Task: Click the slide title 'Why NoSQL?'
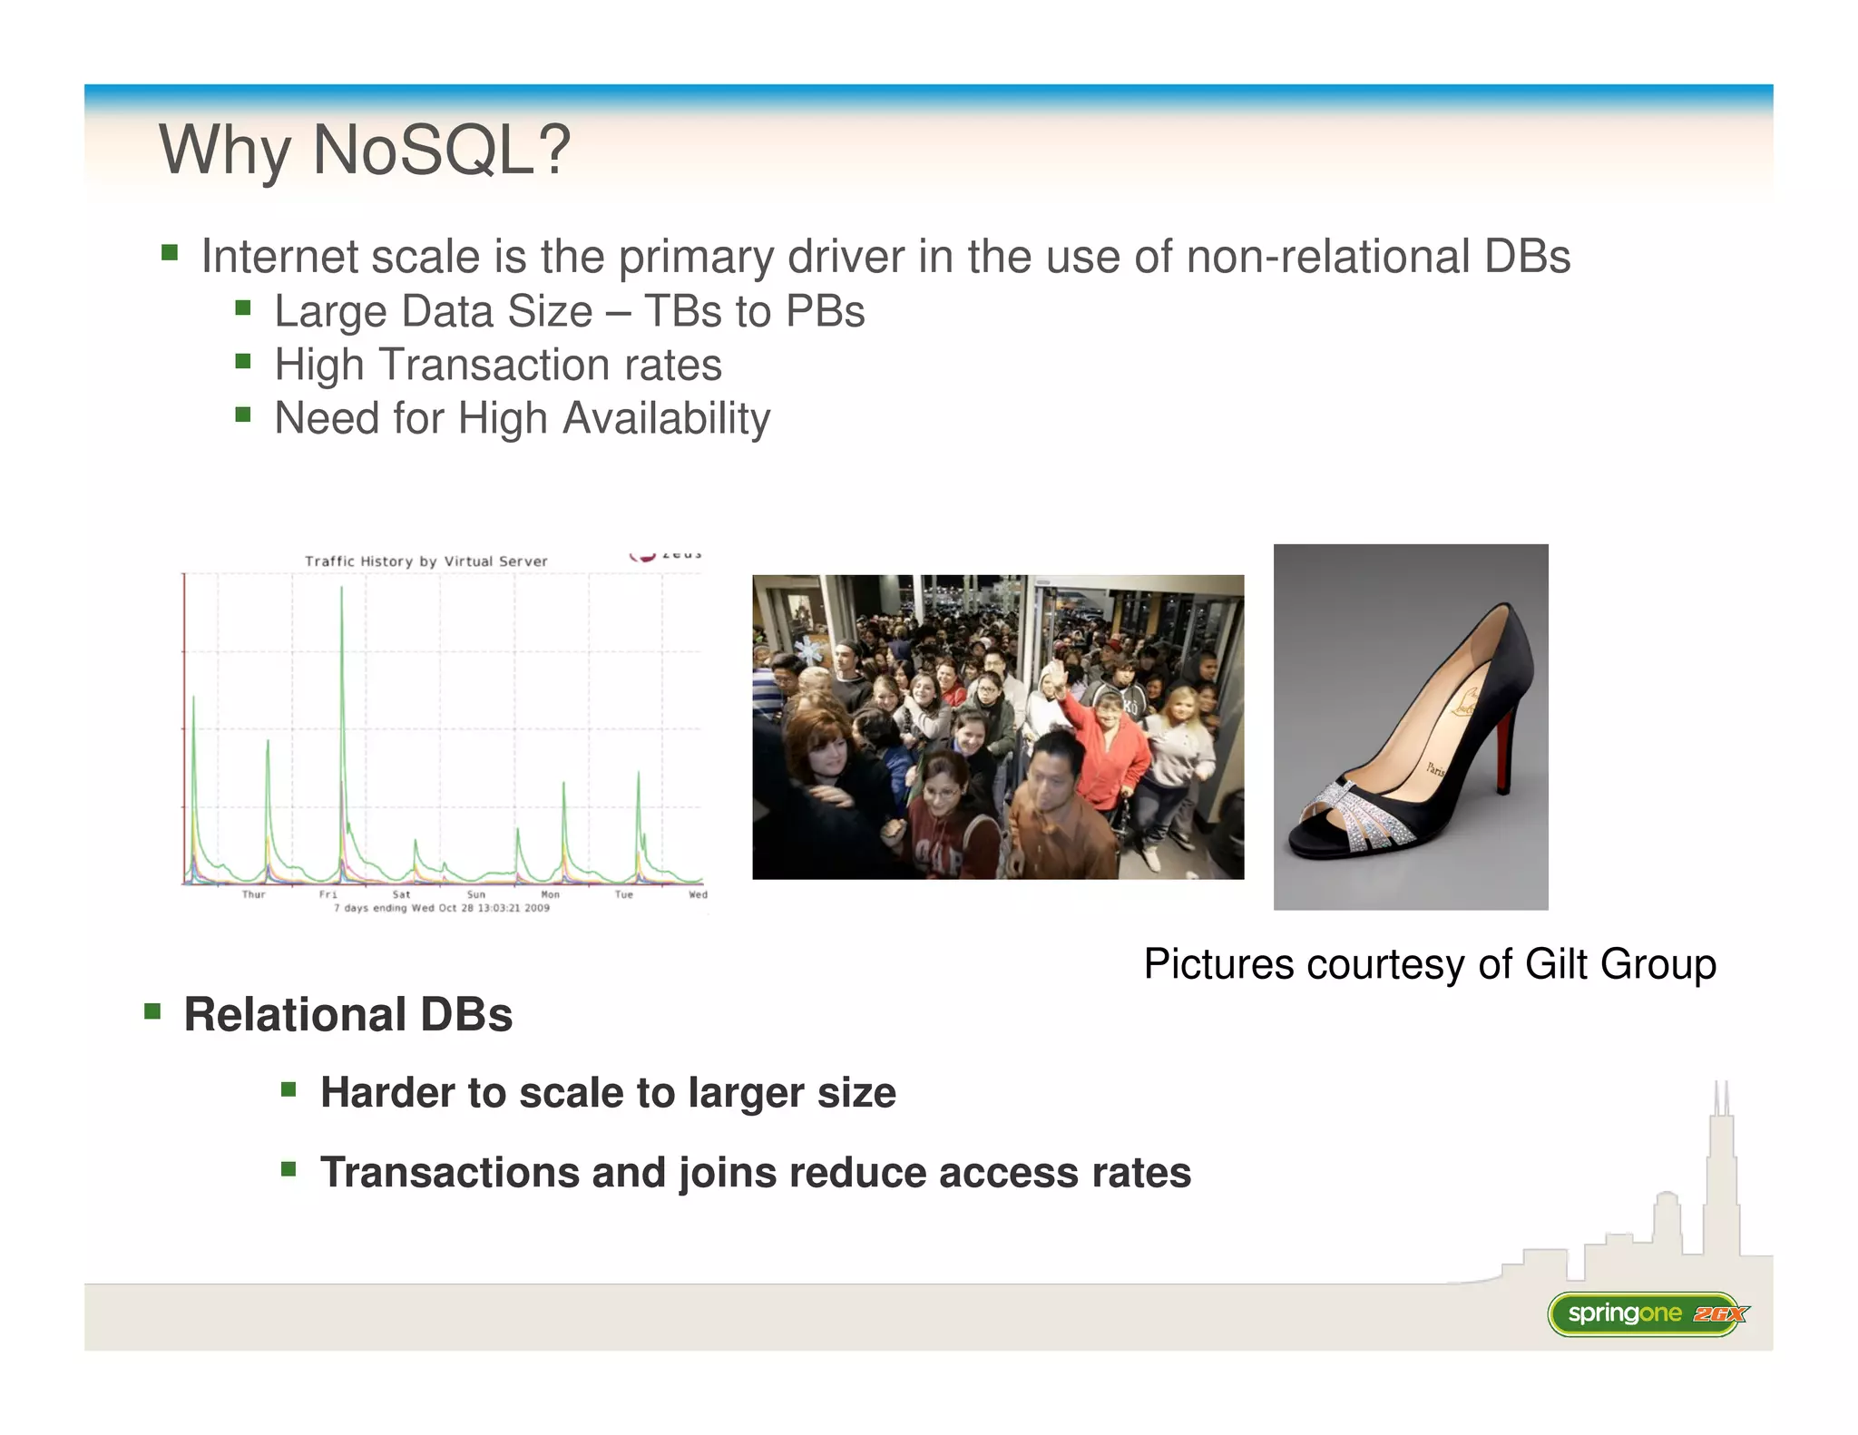point(365,150)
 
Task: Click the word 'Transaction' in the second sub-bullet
point(493,366)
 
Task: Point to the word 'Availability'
point(666,419)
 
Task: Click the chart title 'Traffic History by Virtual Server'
point(425,561)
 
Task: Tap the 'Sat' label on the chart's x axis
point(401,894)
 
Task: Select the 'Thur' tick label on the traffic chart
point(253,894)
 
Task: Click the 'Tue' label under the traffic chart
point(623,894)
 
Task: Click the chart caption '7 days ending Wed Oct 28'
point(442,908)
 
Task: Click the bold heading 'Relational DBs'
point(347,1014)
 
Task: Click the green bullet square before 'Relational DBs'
point(152,1010)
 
